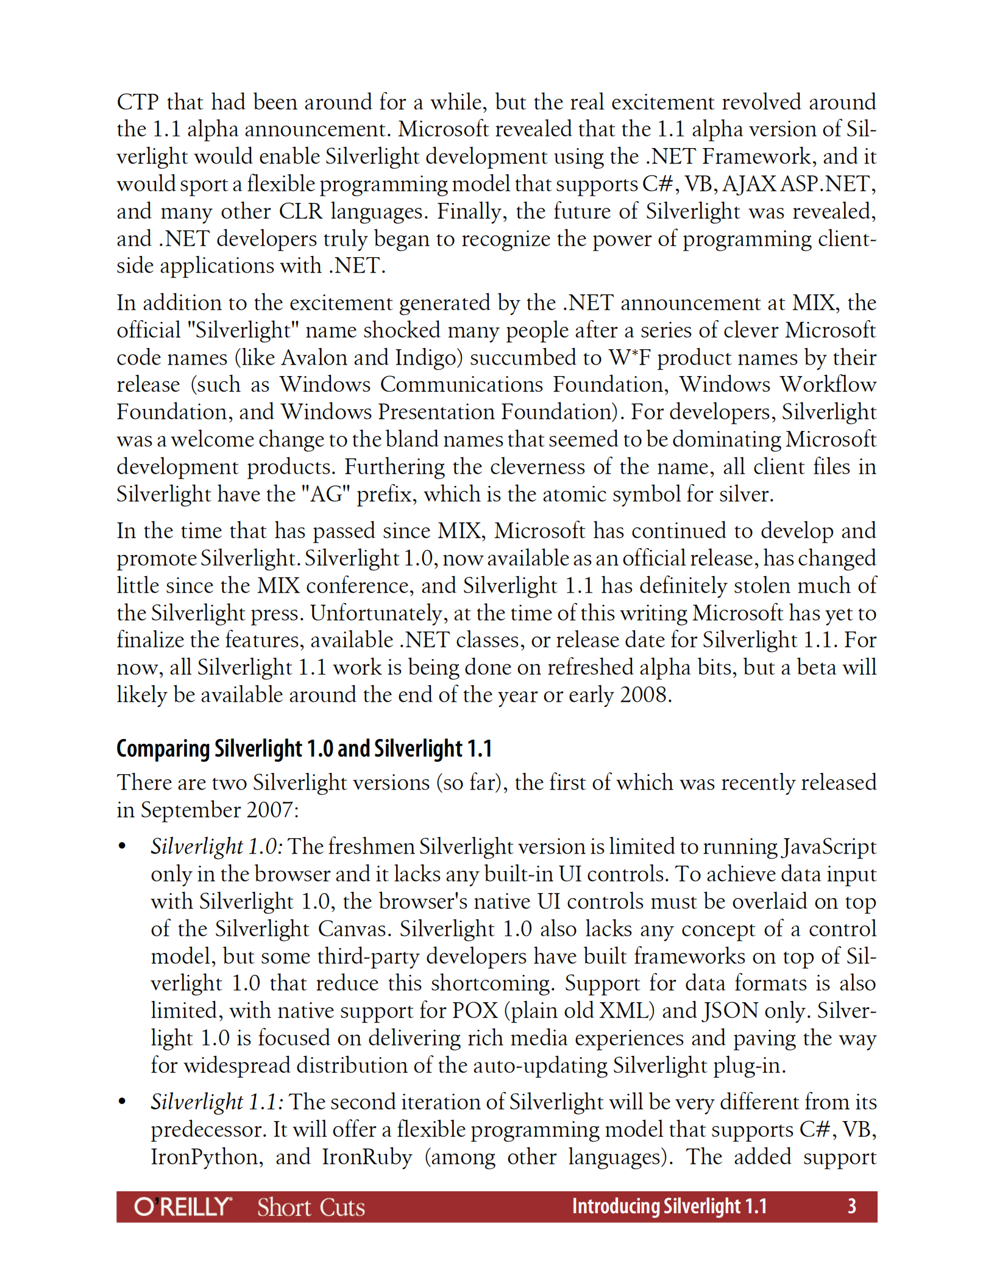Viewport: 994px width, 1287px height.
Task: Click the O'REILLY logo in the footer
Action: coord(183,1207)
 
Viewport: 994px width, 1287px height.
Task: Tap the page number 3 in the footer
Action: coord(851,1206)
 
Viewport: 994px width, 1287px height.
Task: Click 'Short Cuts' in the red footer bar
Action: coord(311,1207)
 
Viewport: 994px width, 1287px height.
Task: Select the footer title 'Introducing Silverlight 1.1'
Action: coord(669,1206)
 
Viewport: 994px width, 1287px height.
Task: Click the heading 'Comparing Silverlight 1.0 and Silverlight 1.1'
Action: coord(304,748)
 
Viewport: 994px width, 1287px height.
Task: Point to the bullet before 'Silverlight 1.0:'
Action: coord(122,846)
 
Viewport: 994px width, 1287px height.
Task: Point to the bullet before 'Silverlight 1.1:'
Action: coord(122,1102)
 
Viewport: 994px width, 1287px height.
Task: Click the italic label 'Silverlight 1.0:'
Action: coord(216,846)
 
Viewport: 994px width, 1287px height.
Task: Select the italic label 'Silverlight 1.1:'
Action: coord(216,1102)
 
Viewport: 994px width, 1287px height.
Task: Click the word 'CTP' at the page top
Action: coord(138,102)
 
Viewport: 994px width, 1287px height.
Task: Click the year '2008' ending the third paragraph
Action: coord(644,694)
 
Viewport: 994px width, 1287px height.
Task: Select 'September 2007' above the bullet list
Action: coord(216,810)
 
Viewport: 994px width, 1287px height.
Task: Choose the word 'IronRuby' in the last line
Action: coord(366,1157)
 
